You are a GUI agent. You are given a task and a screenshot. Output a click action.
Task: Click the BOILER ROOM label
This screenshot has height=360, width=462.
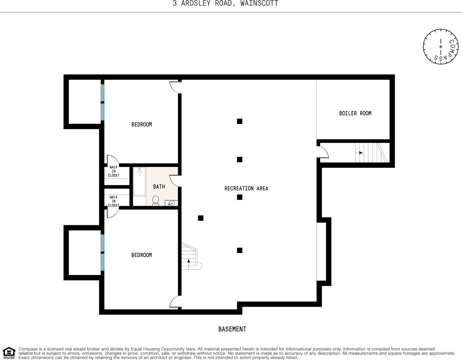tap(355, 113)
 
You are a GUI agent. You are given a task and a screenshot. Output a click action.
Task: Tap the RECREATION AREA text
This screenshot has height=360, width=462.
tap(246, 188)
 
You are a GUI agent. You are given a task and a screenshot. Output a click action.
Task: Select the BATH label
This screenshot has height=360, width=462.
tap(159, 187)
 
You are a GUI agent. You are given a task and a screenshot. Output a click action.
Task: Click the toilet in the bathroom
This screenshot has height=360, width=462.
tap(156, 201)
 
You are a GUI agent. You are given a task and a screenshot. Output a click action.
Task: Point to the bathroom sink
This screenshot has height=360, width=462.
tap(172, 203)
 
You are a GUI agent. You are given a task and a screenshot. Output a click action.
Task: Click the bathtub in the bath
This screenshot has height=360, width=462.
tap(140, 181)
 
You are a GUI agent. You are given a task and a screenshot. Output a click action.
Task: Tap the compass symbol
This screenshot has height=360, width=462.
tap(440, 46)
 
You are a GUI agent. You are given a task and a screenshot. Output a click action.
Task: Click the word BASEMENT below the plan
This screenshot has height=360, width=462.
tap(232, 329)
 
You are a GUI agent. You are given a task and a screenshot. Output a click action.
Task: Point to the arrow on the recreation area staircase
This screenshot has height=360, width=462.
tap(189, 264)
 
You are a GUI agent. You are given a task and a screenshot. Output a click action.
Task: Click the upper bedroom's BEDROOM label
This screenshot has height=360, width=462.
tap(142, 125)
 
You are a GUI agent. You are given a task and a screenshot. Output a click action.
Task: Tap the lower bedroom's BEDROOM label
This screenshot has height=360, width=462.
tap(142, 255)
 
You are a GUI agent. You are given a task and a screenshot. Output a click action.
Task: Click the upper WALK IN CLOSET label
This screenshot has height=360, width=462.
tap(114, 171)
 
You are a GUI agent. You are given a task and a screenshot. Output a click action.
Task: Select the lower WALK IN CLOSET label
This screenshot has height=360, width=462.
tap(114, 201)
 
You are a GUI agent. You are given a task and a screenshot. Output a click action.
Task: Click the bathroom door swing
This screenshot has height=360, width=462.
tap(175, 181)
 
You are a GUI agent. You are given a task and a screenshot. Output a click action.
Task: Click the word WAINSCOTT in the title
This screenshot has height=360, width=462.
tap(259, 3)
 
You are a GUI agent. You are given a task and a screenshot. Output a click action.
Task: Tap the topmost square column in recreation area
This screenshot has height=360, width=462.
tap(240, 121)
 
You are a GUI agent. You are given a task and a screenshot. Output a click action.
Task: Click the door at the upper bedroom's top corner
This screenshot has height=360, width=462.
tap(176, 87)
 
